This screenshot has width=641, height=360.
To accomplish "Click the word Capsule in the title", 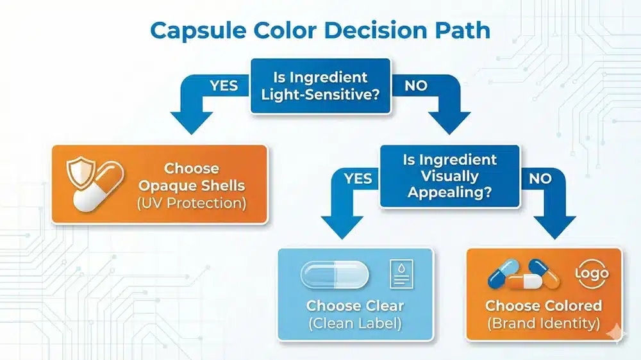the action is [x=198, y=31].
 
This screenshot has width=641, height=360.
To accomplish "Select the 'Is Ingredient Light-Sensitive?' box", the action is [x=320, y=86].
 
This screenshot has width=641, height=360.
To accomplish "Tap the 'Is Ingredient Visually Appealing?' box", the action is [x=450, y=176].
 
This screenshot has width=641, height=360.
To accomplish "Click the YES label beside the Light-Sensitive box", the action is [x=224, y=86].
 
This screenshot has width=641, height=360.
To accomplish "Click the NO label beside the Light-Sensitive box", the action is [x=416, y=86].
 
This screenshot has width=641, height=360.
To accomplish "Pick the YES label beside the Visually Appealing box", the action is [x=358, y=179].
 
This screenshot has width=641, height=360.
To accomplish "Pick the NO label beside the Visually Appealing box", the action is [x=540, y=179].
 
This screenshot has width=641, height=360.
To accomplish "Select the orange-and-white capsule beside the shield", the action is [x=99, y=186].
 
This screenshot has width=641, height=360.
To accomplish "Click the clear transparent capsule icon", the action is [x=335, y=275].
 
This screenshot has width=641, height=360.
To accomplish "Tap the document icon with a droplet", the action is [x=401, y=274].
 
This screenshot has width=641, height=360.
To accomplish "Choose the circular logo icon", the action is [x=592, y=274].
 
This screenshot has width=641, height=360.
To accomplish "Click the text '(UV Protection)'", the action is [x=192, y=203].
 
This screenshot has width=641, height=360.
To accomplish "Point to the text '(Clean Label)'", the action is [x=355, y=323].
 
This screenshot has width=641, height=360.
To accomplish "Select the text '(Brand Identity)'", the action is [x=544, y=323].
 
